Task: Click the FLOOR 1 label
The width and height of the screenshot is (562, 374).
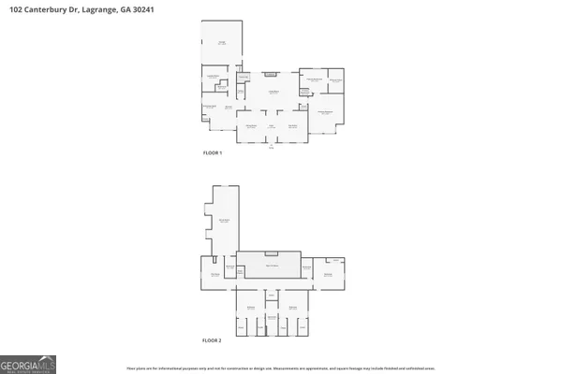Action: [x=213, y=152]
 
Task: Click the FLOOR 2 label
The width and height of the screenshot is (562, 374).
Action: [x=213, y=340]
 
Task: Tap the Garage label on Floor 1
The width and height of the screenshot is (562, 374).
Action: [x=222, y=43]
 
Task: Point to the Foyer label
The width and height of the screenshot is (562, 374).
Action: [x=272, y=125]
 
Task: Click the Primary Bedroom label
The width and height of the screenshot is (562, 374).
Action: [x=324, y=112]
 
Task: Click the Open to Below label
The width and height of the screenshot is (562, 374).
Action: [x=269, y=266]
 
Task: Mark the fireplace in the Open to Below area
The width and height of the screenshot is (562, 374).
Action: [x=271, y=252]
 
